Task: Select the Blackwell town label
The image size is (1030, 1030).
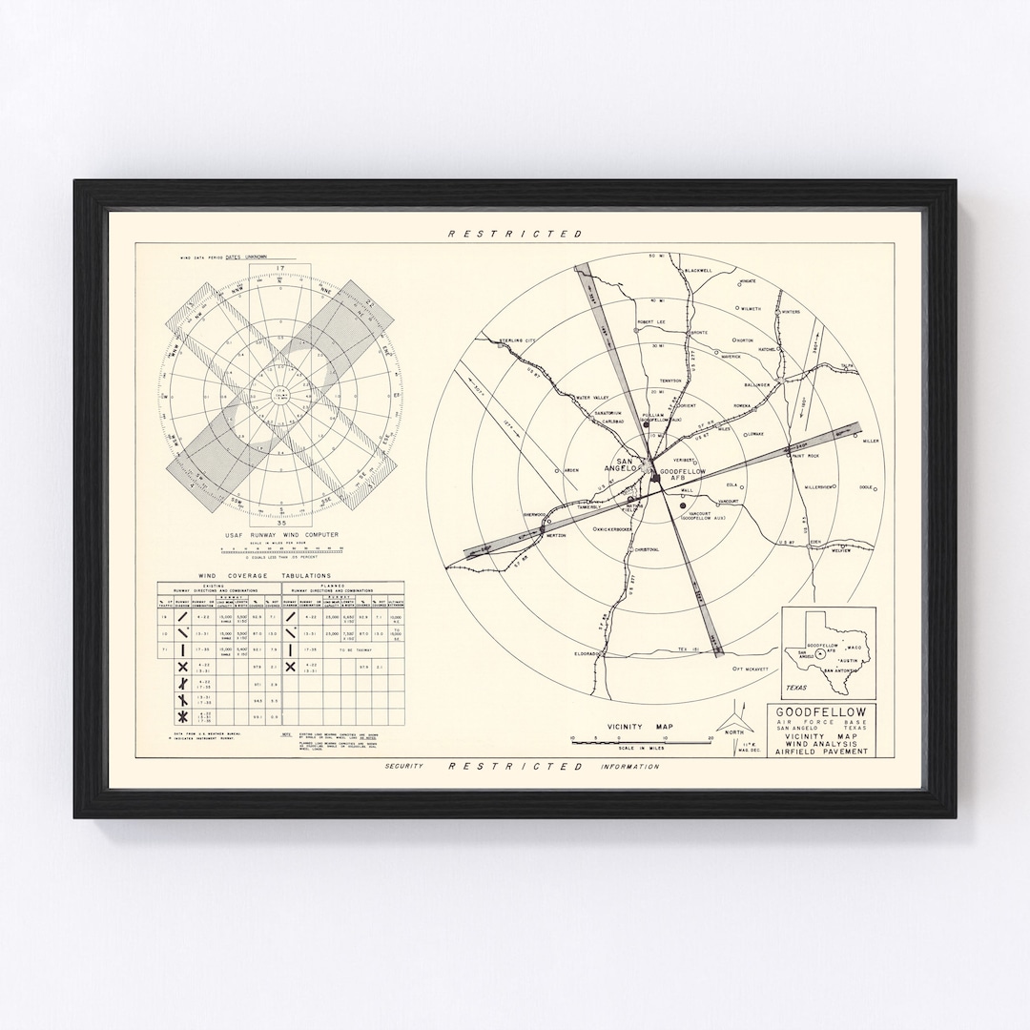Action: (698, 270)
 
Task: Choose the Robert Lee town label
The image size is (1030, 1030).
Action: (650, 322)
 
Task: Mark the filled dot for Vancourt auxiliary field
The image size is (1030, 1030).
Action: (683, 505)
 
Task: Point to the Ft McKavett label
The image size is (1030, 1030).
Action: (752, 669)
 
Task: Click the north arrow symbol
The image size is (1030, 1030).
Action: (733, 717)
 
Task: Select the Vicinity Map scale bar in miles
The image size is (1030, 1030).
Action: (641, 739)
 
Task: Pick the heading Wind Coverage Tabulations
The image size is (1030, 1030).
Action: (264, 576)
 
